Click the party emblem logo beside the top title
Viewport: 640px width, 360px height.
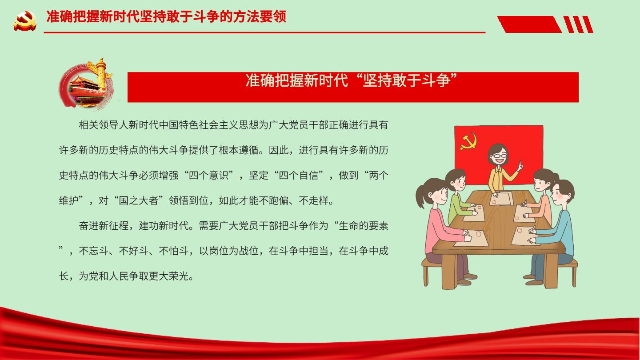(25, 20)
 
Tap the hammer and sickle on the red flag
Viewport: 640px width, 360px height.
(469, 141)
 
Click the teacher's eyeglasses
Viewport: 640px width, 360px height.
(499, 156)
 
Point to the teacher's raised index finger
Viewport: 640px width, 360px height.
(520, 164)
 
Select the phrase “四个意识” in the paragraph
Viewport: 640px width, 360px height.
(209, 175)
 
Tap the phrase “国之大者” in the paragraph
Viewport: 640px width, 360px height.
(139, 200)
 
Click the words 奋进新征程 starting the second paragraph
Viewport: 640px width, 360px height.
(104, 226)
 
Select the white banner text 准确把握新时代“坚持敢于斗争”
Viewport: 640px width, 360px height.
(352, 80)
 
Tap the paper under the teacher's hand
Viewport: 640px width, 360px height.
(501, 198)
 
